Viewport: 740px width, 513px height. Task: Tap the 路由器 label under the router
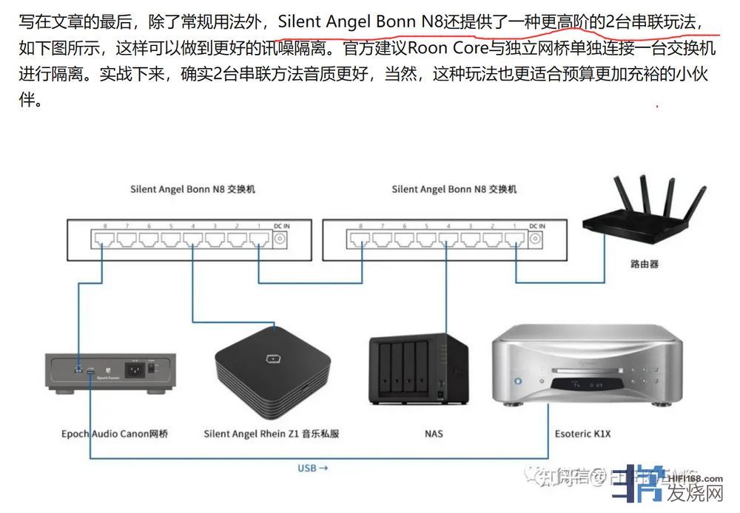coord(644,263)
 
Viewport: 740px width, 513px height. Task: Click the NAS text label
coord(434,434)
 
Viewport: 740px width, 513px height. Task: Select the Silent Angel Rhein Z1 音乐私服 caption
coord(272,434)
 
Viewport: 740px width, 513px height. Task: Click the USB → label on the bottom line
coord(312,468)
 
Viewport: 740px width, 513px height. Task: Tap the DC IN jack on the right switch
coord(537,239)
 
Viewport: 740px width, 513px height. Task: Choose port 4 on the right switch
coord(448,239)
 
